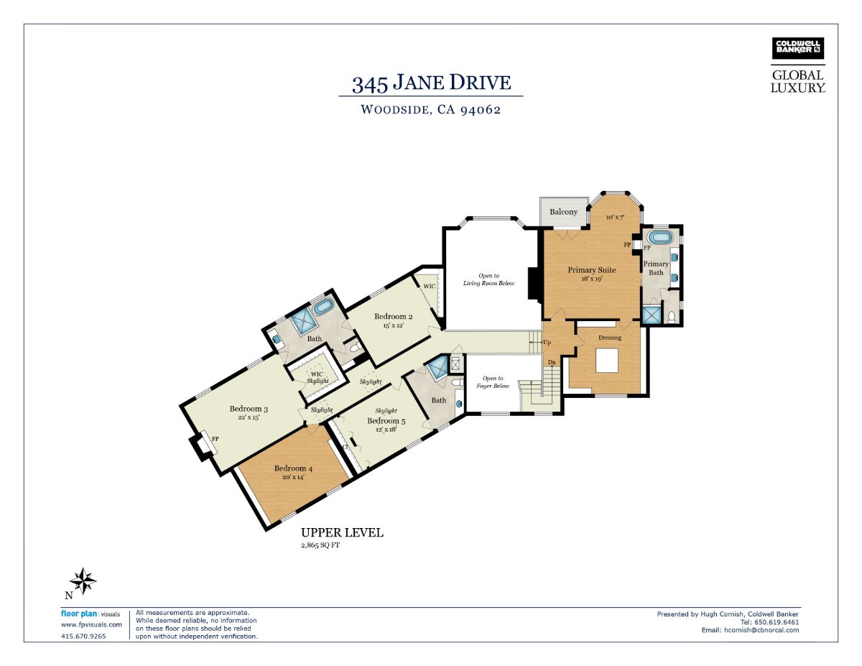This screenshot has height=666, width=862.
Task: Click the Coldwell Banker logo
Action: [x=797, y=48]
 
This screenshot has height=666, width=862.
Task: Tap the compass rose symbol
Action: [x=83, y=581]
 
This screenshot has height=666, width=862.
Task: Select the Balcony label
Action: [x=563, y=212]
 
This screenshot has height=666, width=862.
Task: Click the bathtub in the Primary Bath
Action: [x=659, y=237]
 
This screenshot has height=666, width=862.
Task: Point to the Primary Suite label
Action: [x=591, y=270]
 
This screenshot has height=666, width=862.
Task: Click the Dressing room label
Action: [x=610, y=338]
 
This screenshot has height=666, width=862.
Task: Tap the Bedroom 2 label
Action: [x=393, y=316]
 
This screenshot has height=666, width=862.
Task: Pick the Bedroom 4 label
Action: [x=293, y=468]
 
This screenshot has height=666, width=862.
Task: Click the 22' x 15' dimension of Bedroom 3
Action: [x=249, y=417]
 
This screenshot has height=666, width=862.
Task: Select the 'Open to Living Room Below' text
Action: [x=488, y=279]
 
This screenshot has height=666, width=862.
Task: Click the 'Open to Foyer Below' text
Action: [x=493, y=382]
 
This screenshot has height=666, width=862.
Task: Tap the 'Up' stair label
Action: [x=547, y=342]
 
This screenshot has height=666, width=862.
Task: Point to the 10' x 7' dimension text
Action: [x=616, y=218]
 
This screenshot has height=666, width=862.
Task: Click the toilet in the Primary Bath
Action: [x=672, y=317]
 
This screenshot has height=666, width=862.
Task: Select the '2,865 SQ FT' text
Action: [x=320, y=545]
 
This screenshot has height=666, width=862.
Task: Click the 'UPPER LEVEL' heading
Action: [x=342, y=532]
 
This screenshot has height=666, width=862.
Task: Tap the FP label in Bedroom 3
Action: [x=215, y=439]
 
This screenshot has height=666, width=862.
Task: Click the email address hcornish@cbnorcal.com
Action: [x=761, y=630]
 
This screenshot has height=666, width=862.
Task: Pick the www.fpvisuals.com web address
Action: [x=91, y=624]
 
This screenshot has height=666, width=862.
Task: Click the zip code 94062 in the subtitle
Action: [x=481, y=109]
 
